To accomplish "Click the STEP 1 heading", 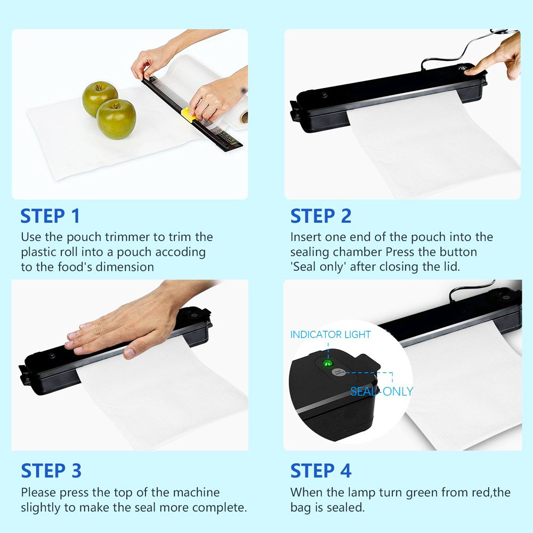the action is pyautogui.click(x=50, y=216).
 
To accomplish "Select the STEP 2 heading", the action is pyautogui.click(x=320, y=216).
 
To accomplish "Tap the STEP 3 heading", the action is pyautogui.click(x=51, y=471).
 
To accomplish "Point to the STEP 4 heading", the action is pyautogui.click(x=320, y=471).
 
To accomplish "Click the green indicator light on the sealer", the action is pyautogui.click(x=328, y=363).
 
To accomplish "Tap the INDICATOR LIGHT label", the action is pyautogui.click(x=330, y=335).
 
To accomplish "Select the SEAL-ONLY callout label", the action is pyautogui.click(x=382, y=392).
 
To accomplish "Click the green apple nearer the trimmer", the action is pyautogui.click(x=116, y=119).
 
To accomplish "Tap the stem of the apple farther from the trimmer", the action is pyautogui.click(x=99, y=87).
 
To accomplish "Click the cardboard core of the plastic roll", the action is pyautogui.click(x=244, y=117).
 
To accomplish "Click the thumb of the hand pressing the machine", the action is pyautogui.click(x=133, y=352).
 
